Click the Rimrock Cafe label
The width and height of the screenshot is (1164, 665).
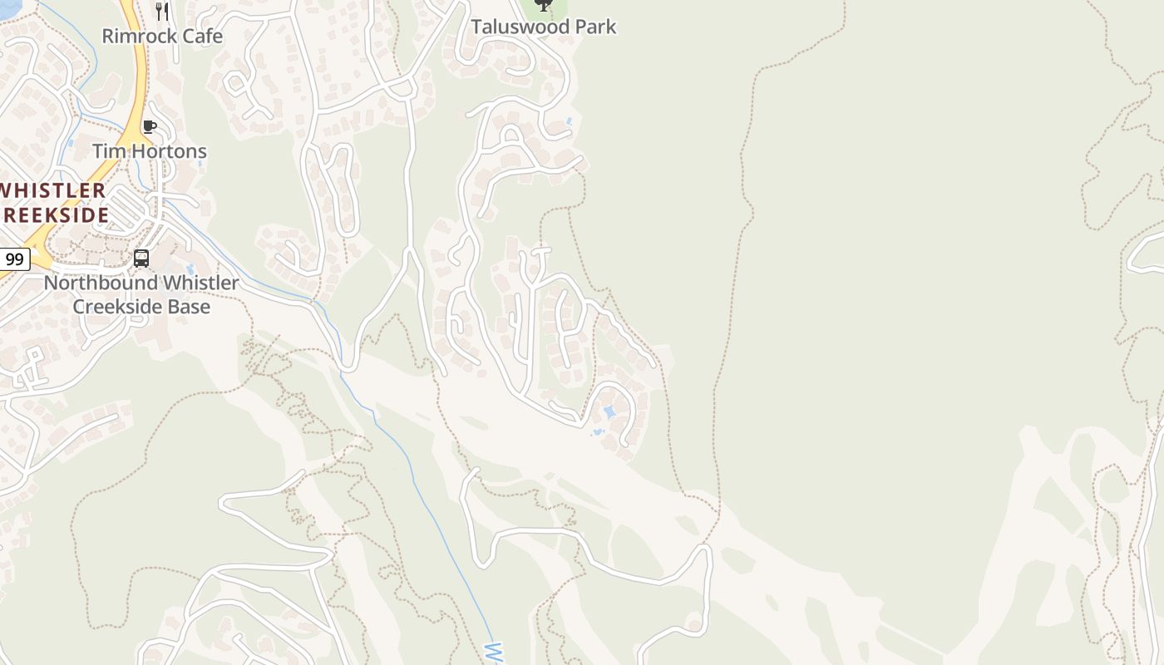[162, 37]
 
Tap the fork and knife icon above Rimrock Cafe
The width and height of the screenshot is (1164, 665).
[162, 12]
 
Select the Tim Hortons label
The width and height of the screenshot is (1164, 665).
[150, 151]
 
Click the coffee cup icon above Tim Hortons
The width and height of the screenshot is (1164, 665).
[150, 127]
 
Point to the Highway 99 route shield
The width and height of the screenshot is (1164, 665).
[14, 259]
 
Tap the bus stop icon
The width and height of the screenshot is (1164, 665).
[141, 259]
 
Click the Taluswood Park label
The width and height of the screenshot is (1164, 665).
[544, 27]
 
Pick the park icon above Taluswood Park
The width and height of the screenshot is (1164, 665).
[544, 5]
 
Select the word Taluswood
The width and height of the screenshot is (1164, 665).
[519, 27]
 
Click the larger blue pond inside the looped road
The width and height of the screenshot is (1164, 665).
[609, 412]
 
